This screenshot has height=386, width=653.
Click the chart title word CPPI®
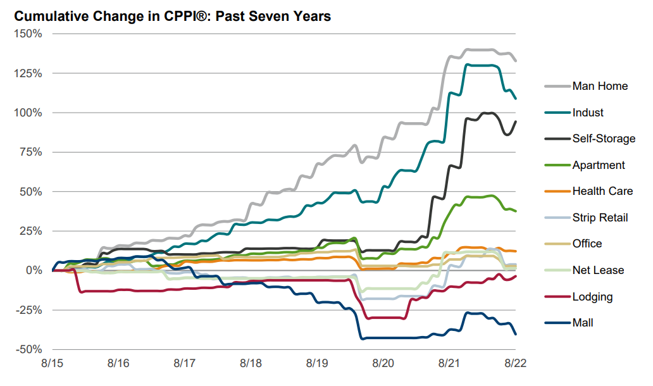pos(190,16)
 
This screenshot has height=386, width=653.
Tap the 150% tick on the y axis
pos(28,34)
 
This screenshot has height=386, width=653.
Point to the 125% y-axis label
pos(28,73)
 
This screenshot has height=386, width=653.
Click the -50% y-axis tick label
pos(28,349)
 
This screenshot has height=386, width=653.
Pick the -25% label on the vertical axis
pos(28,310)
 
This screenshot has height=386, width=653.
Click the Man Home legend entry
pos(599,86)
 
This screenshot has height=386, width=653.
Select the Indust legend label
pos(588,113)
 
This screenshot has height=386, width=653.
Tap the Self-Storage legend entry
pos(603,139)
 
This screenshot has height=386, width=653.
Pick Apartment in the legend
pos(598,165)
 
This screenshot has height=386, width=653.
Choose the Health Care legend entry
pos(601,191)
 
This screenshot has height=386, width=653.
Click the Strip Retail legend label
pos(600,218)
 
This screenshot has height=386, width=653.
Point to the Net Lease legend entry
pos(597,270)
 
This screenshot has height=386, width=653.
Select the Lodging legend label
pos(592,297)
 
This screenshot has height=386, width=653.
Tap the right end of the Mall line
pos(516,334)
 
